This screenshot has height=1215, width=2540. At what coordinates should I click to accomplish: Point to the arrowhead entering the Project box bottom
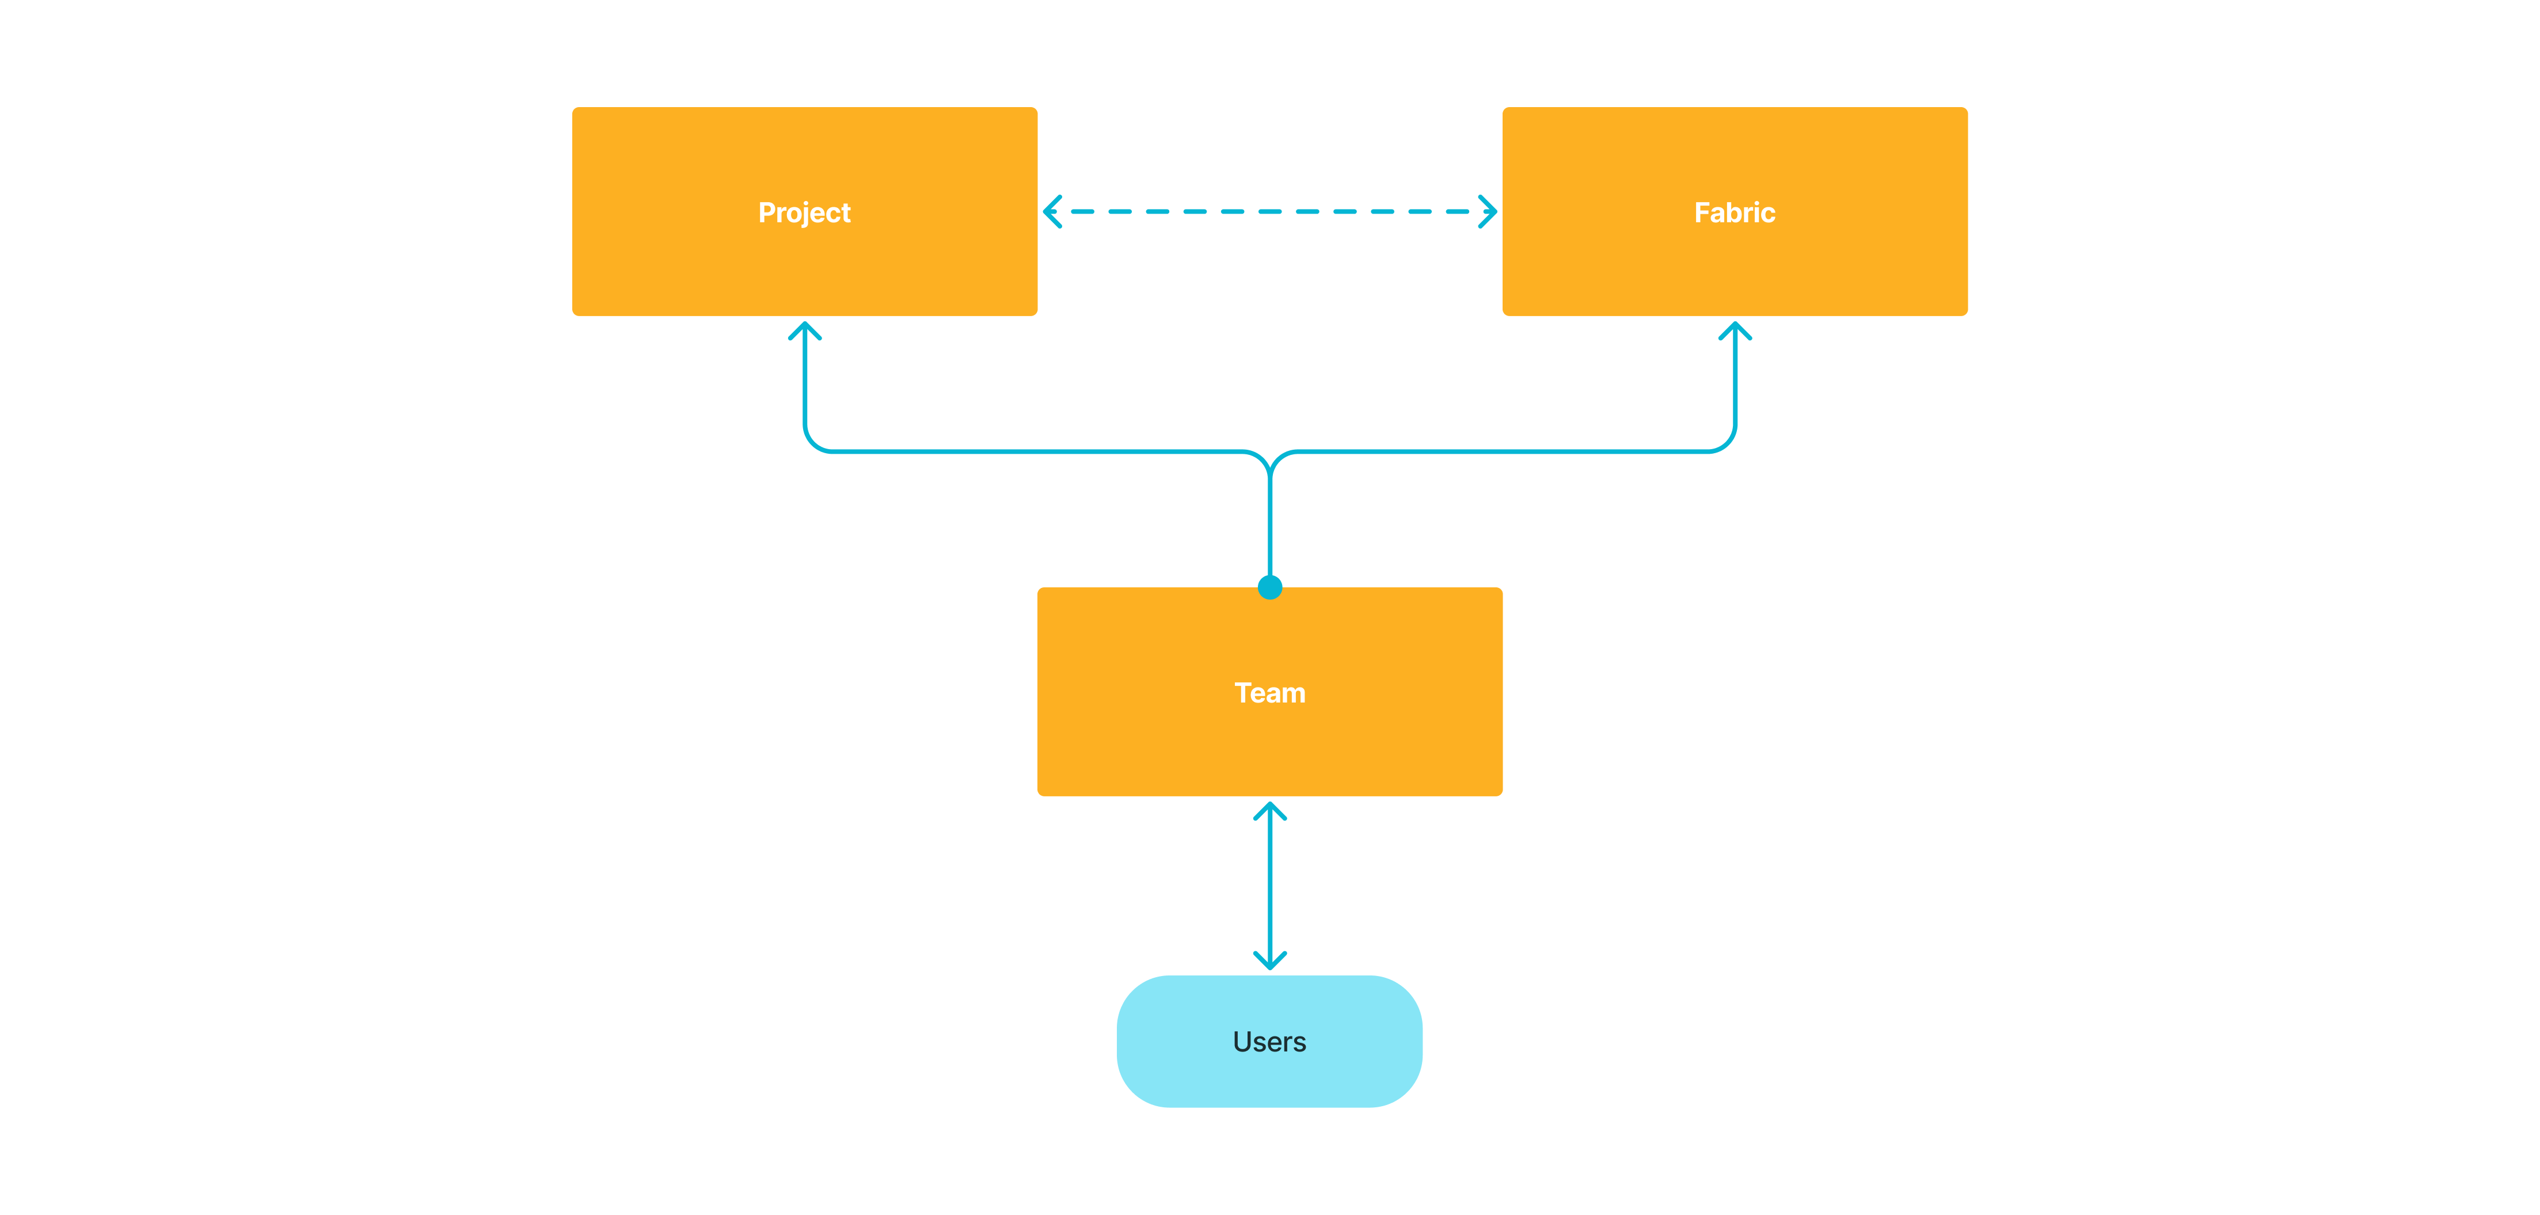pos(805,329)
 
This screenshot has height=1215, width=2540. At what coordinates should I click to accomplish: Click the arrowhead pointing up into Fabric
pos(1735,329)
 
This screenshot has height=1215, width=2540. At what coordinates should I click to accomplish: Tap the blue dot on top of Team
pos(1270,588)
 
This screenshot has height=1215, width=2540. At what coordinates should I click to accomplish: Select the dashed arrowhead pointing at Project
pos(1052,211)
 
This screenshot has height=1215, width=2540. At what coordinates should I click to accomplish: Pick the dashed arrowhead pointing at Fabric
pos(1489,211)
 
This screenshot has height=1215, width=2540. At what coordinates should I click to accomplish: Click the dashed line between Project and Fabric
pos(1270,211)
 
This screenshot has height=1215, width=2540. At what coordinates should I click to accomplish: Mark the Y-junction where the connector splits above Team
pos(1270,464)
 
